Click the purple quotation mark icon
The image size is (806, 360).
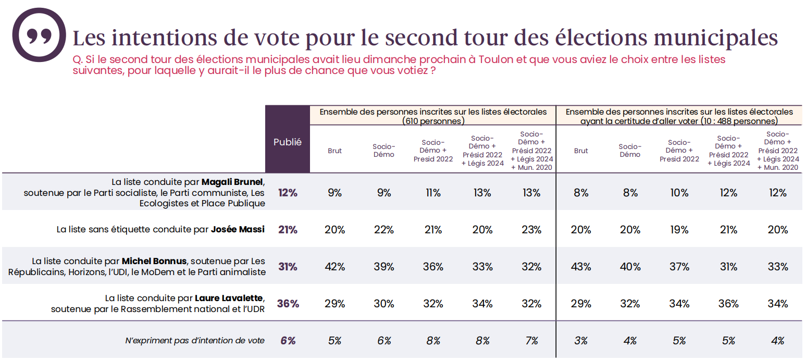click(x=39, y=35)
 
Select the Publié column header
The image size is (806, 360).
click(x=288, y=142)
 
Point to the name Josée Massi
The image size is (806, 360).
click(x=238, y=229)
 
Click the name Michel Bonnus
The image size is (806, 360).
click(x=154, y=261)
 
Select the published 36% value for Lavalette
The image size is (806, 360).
click(x=288, y=304)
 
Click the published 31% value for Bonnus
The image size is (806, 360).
click(x=288, y=267)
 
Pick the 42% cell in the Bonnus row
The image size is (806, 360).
click(x=334, y=267)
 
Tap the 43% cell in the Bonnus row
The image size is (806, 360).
click(x=581, y=267)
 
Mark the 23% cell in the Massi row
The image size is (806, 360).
click(x=531, y=229)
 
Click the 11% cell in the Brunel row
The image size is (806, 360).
click(x=433, y=193)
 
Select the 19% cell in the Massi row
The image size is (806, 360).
click(x=679, y=229)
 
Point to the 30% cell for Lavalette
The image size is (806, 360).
click(x=384, y=304)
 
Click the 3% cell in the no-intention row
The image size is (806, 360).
click(x=581, y=341)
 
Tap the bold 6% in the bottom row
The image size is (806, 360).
click(x=288, y=341)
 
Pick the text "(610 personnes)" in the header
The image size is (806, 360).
click(x=433, y=121)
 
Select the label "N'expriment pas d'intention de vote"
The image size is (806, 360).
click(x=195, y=341)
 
